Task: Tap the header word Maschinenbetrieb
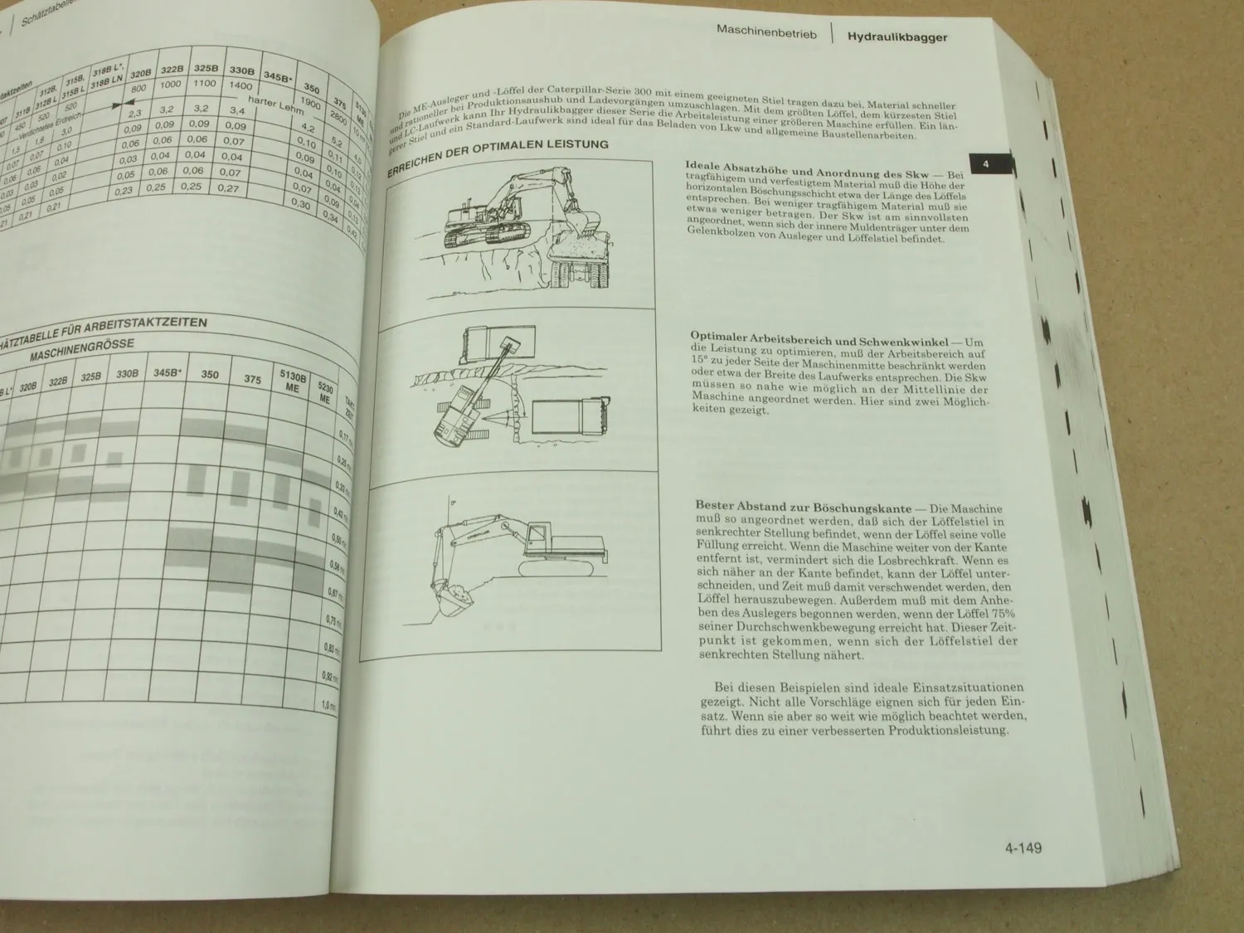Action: point(766,35)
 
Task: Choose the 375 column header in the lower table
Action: point(252,380)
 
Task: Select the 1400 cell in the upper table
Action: point(241,85)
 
